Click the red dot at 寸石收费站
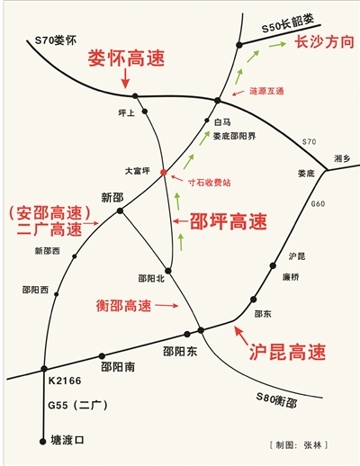click(164, 172)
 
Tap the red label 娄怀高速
click(126, 58)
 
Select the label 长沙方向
click(325, 41)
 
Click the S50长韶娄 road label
click(288, 23)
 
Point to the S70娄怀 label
click(56, 40)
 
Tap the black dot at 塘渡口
click(43, 441)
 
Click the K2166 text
click(65, 381)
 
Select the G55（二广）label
click(77, 406)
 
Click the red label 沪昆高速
click(287, 352)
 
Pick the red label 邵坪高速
click(229, 221)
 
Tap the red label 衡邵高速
click(123, 306)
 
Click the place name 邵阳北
click(151, 279)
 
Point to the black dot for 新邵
click(120, 211)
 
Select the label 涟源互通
click(266, 91)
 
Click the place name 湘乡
click(342, 158)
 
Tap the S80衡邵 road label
click(276, 400)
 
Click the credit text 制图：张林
click(299, 445)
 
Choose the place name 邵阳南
click(118, 367)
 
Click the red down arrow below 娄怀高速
click(125, 78)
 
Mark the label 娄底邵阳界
click(234, 136)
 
